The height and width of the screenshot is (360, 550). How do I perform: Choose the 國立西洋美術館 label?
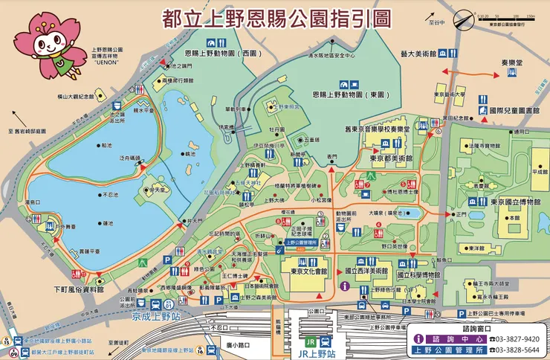[x=362, y=273]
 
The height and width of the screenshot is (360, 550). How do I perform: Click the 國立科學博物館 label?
[x=421, y=274]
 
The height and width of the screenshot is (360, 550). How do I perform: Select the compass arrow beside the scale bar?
[x=465, y=20]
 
